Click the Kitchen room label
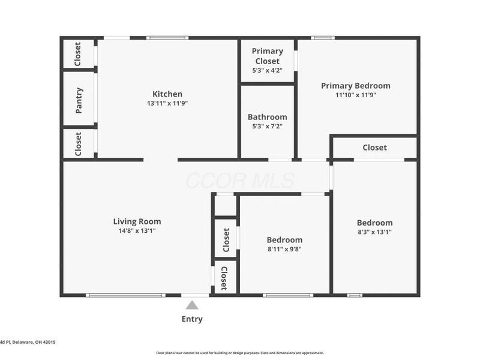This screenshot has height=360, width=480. point(167,94)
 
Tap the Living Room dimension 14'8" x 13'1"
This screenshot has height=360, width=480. point(137,230)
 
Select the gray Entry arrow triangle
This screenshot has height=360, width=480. point(192,305)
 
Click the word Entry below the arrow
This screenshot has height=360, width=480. point(192,319)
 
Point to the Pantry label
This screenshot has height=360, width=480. point(79,100)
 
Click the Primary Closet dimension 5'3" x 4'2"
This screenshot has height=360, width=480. point(267,70)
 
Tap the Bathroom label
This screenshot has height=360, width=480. point(267,117)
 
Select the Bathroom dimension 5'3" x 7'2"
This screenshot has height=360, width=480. point(267,126)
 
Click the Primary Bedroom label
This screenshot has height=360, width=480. point(355,86)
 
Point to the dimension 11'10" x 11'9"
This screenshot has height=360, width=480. point(355,95)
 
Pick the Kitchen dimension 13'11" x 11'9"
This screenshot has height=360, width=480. point(167,103)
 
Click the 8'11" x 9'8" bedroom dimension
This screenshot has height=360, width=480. point(284,249)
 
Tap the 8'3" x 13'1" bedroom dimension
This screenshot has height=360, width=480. point(374,232)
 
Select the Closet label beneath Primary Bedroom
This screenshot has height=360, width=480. point(374,148)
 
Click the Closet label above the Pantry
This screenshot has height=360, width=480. point(78,54)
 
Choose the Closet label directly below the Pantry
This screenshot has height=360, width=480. point(78,144)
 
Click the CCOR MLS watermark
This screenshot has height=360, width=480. point(240,181)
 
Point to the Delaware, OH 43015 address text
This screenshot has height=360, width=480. point(34,342)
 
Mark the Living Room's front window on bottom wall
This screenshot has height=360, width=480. point(125,295)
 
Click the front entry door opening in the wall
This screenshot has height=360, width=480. point(196,295)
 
